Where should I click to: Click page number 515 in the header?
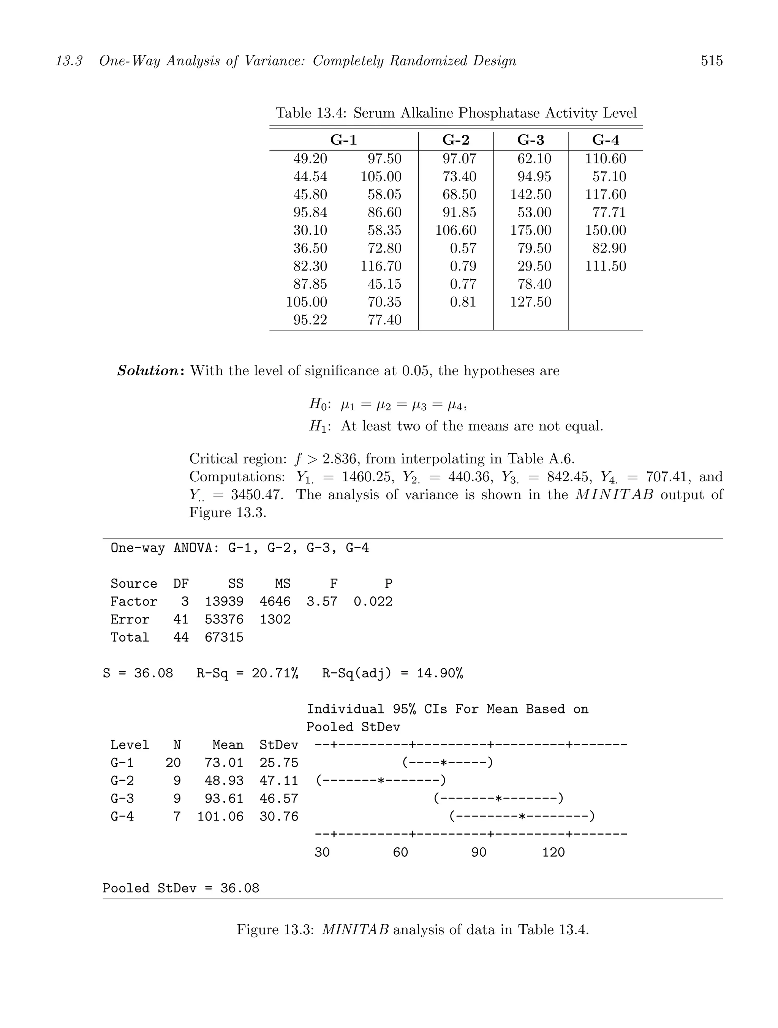tap(711, 61)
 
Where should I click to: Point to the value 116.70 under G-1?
tap(381, 266)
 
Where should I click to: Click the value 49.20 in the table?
tap(310, 159)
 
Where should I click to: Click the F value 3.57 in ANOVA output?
tap(322, 602)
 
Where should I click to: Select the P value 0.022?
tap(373, 602)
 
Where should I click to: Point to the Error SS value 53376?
tap(224, 620)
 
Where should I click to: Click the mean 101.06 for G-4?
tap(220, 816)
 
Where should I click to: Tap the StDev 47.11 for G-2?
tap(278, 781)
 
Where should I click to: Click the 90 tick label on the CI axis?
tap(479, 852)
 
